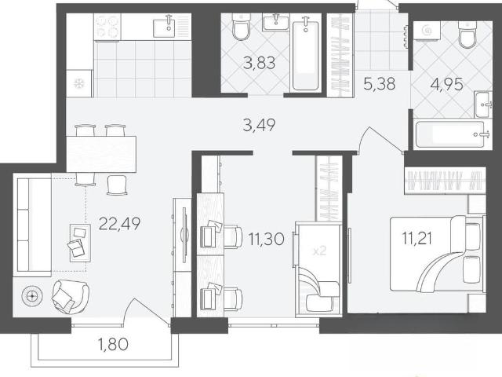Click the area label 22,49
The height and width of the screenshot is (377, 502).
pyautogui.click(x=120, y=224)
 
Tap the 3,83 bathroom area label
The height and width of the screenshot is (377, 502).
pyautogui.click(x=259, y=63)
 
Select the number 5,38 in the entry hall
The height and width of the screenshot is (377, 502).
pyautogui.click(x=380, y=84)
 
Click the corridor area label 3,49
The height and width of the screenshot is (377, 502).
pyautogui.click(x=259, y=125)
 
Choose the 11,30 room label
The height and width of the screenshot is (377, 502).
pyautogui.click(x=267, y=239)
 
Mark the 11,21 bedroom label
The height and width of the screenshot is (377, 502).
pyautogui.click(x=417, y=239)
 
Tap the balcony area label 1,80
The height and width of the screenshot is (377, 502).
pyautogui.click(x=113, y=344)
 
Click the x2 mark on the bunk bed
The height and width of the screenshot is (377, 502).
pyautogui.click(x=319, y=251)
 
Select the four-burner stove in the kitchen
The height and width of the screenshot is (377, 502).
pyautogui.click(x=107, y=27)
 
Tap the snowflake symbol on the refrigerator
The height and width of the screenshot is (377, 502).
pyautogui.click(x=78, y=84)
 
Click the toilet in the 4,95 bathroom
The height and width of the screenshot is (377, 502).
pyautogui.click(x=467, y=35)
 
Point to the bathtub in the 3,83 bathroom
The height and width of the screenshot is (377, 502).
pyautogui.click(x=305, y=55)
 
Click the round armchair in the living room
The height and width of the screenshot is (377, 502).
pyautogui.click(x=71, y=296)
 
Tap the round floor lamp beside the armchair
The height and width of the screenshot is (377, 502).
pyautogui.click(x=31, y=296)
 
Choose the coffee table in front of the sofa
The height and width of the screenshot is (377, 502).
pyautogui.click(x=80, y=243)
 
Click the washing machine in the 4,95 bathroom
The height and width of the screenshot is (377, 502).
pyautogui.click(x=427, y=31)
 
